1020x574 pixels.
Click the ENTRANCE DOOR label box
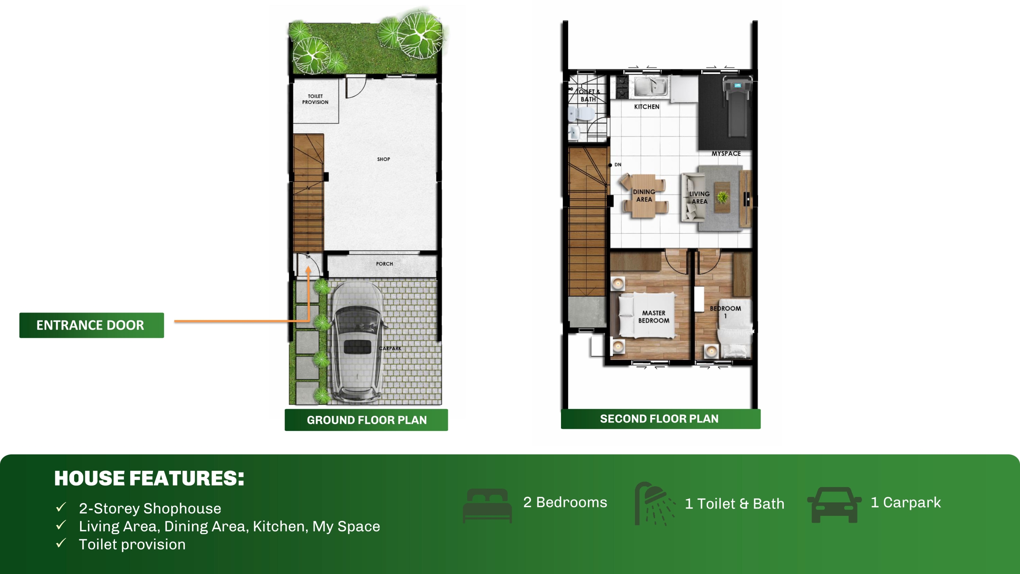[92, 325]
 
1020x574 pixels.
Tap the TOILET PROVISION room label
[315, 99]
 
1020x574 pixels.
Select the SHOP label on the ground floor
[384, 159]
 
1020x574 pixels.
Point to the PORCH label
[384, 264]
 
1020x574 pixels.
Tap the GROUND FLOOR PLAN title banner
[366, 420]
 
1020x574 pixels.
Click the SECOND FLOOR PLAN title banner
[661, 419]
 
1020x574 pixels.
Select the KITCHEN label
[647, 107]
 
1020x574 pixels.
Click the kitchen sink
[651, 86]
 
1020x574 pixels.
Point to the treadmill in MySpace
[738, 106]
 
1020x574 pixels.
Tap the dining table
[644, 196]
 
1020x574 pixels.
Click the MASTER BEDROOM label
[654, 317]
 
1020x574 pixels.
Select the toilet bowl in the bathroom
[581, 114]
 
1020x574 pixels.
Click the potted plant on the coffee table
[722, 197]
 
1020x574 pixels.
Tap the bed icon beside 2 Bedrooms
[487, 505]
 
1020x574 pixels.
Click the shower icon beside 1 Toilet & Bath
[655, 503]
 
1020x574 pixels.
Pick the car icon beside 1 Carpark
[834, 505]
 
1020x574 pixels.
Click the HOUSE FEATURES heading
[149, 478]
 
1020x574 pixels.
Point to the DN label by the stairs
[618, 165]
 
